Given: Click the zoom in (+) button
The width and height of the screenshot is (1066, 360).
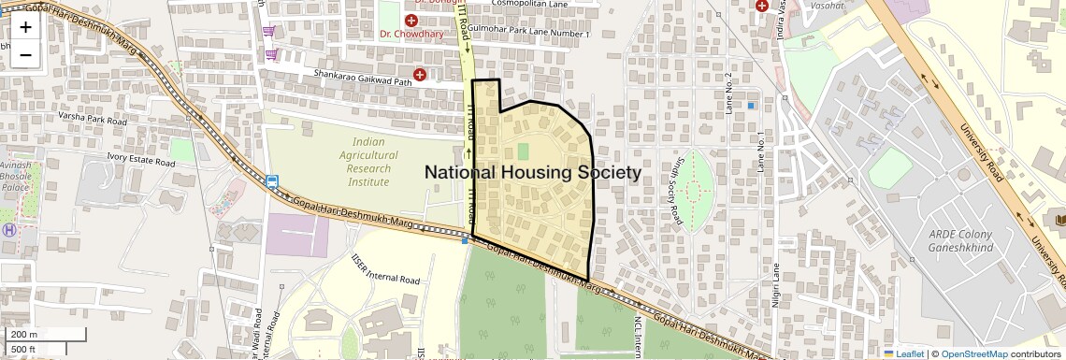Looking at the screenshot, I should [25, 27].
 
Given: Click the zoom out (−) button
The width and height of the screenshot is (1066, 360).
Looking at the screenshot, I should [25, 55].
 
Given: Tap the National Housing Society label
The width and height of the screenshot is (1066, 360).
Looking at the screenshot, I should [533, 173].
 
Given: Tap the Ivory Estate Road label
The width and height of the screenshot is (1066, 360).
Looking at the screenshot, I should [140, 161].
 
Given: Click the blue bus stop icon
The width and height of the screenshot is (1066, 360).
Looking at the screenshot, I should [272, 182].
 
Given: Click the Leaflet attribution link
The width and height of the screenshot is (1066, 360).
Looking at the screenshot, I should [904, 353].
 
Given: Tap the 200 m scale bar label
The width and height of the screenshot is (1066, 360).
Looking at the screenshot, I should [24, 335].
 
